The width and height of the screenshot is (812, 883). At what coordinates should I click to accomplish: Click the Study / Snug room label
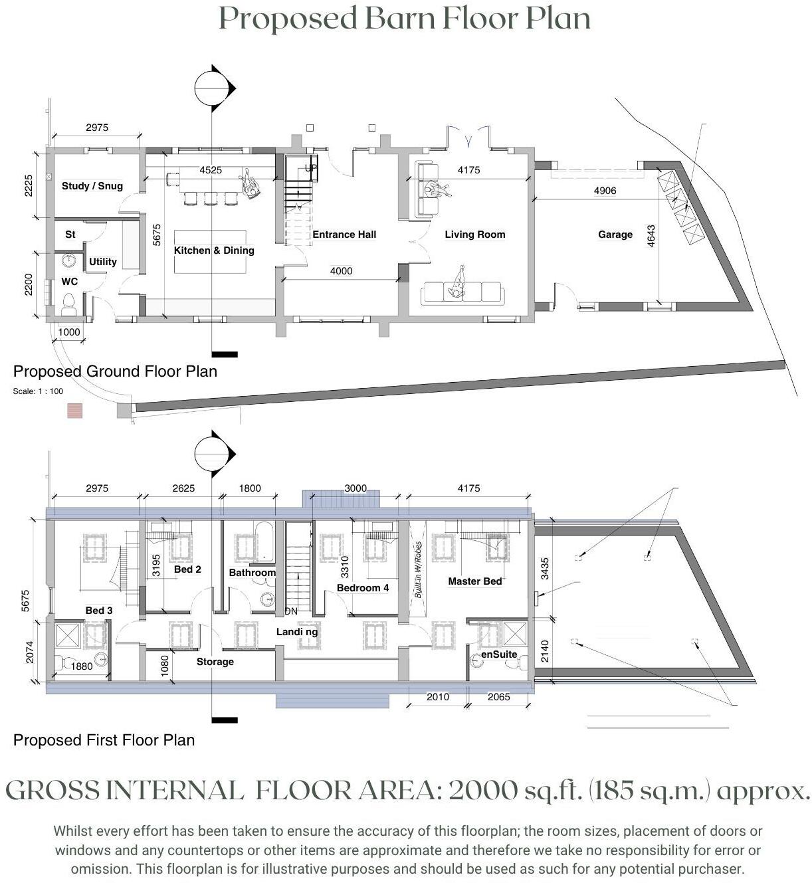click(x=92, y=186)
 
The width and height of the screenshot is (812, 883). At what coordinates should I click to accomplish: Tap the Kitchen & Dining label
click(x=214, y=250)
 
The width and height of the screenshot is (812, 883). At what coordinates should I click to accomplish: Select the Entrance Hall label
click(x=344, y=234)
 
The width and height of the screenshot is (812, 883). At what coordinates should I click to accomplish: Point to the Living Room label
click(x=474, y=234)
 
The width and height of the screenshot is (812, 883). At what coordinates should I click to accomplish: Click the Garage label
click(x=615, y=234)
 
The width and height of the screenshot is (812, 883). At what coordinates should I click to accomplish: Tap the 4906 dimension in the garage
click(x=605, y=191)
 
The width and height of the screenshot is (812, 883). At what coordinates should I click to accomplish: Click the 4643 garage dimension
click(x=651, y=236)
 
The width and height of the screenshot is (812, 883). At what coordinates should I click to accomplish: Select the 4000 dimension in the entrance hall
click(x=341, y=270)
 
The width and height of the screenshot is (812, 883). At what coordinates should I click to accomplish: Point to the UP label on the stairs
click(x=311, y=167)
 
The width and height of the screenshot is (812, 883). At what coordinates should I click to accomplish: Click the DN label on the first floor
click(x=291, y=611)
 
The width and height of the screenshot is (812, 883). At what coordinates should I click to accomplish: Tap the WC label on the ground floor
click(x=70, y=281)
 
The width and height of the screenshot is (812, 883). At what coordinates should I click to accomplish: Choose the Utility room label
click(x=102, y=262)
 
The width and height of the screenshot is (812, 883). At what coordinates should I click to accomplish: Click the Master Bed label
click(x=474, y=581)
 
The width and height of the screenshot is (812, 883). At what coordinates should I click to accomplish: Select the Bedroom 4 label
click(x=362, y=587)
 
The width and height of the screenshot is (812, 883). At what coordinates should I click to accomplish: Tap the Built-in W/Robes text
click(x=418, y=569)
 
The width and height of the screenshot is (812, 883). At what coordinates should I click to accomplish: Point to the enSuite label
click(x=499, y=654)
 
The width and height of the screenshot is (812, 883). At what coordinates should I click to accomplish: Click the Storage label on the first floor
click(x=215, y=662)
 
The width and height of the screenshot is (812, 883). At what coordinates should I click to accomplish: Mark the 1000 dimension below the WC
click(x=69, y=332)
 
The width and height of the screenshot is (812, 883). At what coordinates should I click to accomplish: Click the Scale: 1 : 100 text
click(x=38, y=391)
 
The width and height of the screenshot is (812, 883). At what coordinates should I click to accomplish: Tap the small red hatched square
click(x=75, y=410)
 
